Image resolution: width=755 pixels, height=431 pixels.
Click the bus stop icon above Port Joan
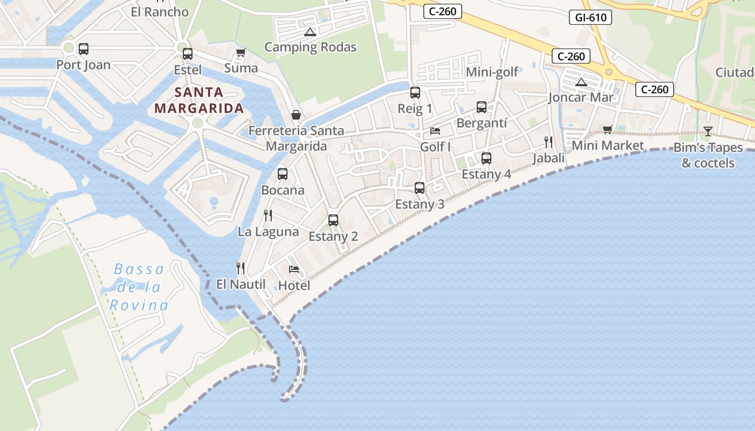[x=84, y=49]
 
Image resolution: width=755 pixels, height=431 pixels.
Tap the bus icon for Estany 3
[x=420, y=188]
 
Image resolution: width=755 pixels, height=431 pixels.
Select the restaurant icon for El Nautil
[x=241, y=268]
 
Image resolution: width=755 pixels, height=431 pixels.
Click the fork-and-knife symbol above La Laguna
[x=268, y=215]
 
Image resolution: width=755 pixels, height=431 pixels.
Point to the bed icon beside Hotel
[x=294, y=269]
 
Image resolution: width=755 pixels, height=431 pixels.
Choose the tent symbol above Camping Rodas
[x=310, y=32]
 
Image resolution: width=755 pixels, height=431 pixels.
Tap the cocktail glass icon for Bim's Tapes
[x=708, y=131]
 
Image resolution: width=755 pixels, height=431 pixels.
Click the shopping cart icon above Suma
[x=241, y=53]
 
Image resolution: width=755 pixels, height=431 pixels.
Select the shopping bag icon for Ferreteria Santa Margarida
[x=296, y=115]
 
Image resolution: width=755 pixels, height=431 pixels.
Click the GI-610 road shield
[x=591, y=17]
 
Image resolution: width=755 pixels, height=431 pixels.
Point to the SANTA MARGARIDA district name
[x=199, y=100]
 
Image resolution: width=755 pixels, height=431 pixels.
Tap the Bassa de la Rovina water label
[x=139, y=287]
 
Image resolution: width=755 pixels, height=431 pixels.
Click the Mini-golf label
[x=492, y=72]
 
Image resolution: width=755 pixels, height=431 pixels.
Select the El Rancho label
[x=160, y=12]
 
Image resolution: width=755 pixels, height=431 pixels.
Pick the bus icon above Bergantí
[x=482, y=107]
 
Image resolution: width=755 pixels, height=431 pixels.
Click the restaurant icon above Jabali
[x=548, y=142]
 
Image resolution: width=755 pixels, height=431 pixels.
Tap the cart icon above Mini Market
[x=608, y=129]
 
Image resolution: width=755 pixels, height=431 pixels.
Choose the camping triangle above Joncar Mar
[x=581, y=82]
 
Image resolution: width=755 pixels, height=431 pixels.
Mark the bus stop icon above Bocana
[x=283, y=174]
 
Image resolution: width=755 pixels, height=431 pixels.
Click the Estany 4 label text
[x=486, y=174]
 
